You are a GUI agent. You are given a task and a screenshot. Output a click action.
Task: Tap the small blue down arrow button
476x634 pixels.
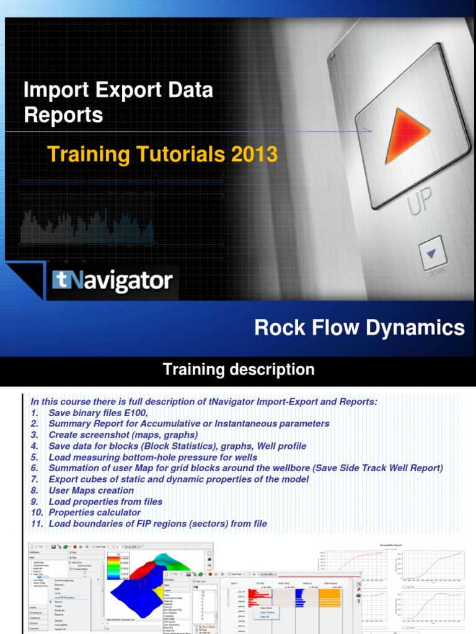(x=432, y=254)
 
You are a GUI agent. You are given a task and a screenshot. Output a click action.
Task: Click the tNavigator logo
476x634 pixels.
(x=112, y=282)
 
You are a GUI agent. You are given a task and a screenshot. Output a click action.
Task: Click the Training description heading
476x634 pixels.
(x=238, y=370)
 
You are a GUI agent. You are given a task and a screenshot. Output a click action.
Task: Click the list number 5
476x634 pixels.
(x=34, y=457)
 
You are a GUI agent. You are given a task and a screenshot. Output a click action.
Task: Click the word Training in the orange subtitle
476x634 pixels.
(x=84, y=154)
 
